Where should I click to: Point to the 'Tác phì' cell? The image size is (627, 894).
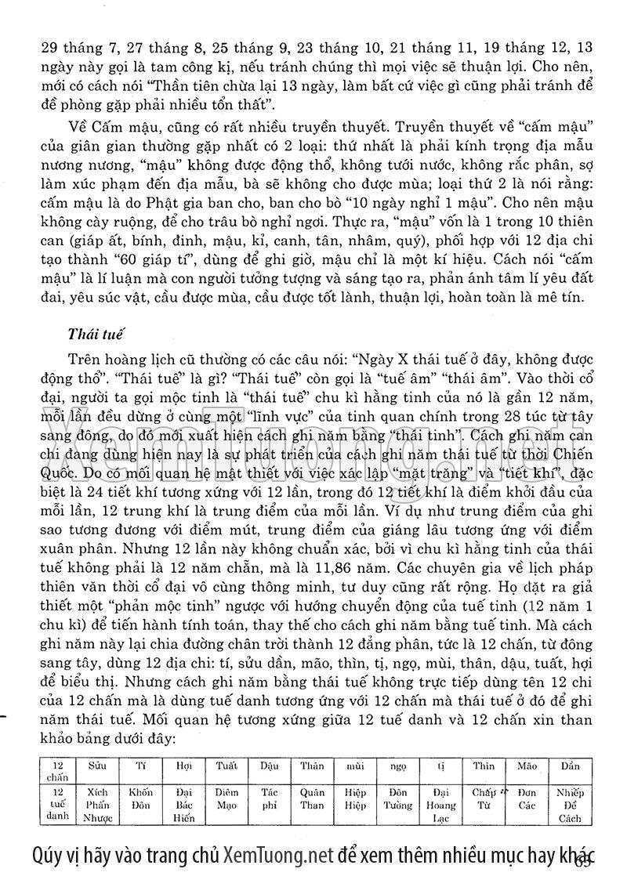point(270,798)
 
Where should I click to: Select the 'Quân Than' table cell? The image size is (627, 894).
point(312,798)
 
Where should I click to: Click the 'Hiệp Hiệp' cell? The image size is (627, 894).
point(355,798)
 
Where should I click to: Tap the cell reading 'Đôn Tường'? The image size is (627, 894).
point(398,798)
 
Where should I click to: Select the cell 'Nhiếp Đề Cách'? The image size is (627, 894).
point(571,804)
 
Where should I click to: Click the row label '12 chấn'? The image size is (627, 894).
point(58,770)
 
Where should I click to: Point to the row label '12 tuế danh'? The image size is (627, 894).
point(58,804)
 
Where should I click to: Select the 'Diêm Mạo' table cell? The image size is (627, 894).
point(227,798)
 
